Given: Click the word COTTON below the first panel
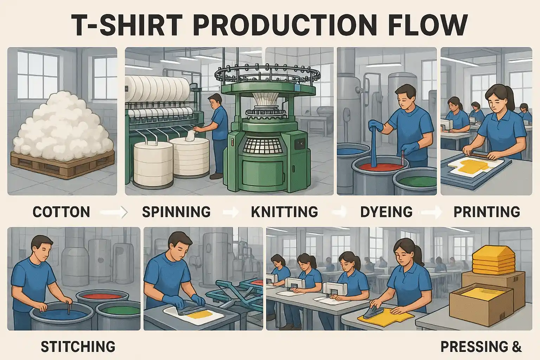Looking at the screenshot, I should pos(61,212).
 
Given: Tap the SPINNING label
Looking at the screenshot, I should pos(176,212).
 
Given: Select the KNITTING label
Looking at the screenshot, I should pos(284,212).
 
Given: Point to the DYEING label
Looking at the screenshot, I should pos(386,212).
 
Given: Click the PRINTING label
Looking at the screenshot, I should pos(487,212).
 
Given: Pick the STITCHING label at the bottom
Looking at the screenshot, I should pos(78,347).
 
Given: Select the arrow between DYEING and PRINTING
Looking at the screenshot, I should pos(432,212).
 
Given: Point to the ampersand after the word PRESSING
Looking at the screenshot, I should pos(516,347).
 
